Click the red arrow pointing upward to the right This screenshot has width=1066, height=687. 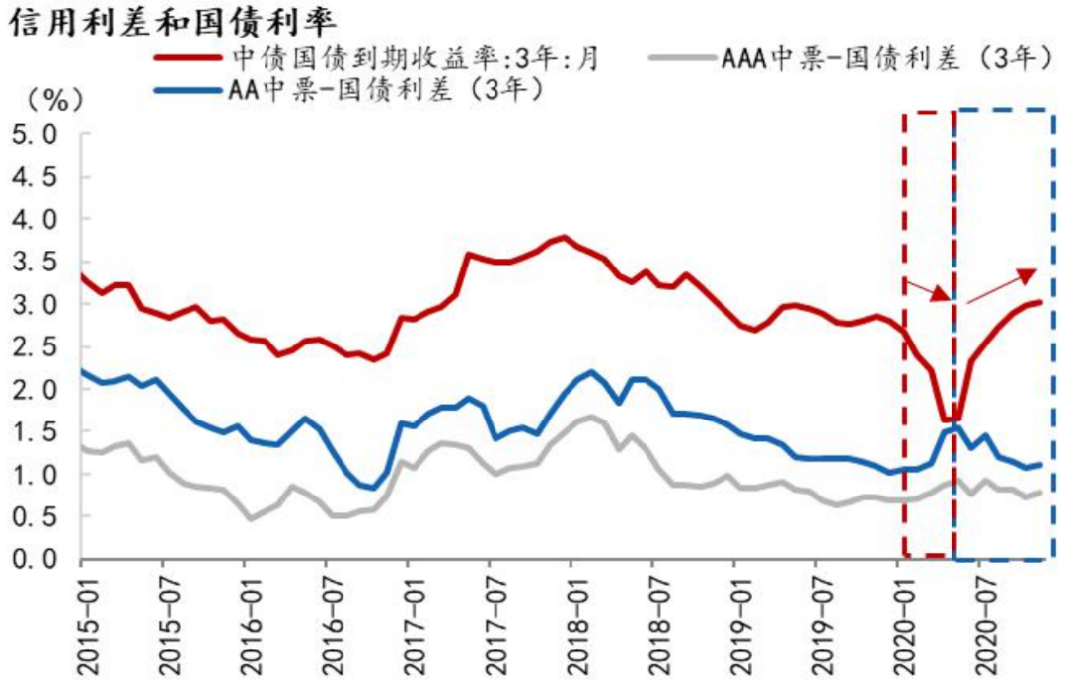pos(1003,286)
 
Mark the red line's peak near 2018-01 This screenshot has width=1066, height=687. pos(564,237)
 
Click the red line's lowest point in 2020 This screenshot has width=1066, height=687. pos(950,420)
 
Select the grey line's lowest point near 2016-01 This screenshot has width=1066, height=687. pos(251,518)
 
